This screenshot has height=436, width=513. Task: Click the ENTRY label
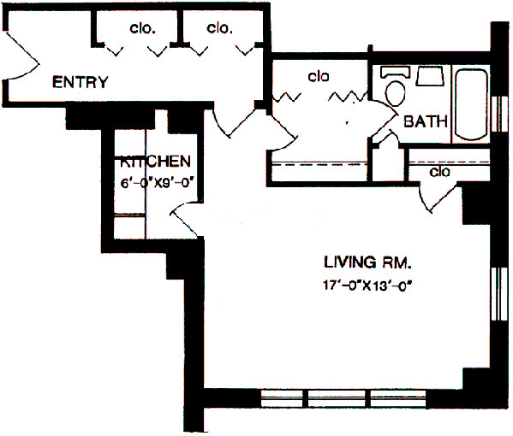click(81, 83)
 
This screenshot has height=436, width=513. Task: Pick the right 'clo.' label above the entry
click(219, 27)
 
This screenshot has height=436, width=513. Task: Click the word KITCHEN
click(154, 162)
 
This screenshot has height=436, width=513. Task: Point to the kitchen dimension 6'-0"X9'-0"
click(154, 180)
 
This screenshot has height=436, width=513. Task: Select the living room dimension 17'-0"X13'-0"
click(369, 286)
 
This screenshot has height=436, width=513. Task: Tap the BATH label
click(426, 121)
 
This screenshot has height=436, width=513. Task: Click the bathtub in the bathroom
click(470, 104)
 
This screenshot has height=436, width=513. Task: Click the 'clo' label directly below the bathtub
click(440, 172)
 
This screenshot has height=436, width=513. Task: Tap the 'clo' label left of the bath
click(319, 77)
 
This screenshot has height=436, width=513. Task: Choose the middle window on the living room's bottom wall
click(338, 398)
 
